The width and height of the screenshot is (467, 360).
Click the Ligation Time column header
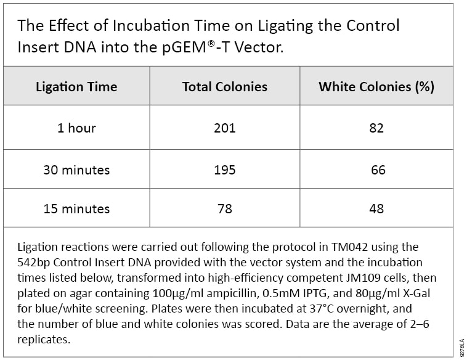(76, 86)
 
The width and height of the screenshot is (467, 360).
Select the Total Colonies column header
(225, 86)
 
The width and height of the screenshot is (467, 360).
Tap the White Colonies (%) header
(376, 86)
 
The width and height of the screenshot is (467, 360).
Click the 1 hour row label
(76, 128)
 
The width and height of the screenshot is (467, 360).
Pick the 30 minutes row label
(76, 170)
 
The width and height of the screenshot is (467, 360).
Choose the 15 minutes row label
(76, 208)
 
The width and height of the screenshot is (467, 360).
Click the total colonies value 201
(225, 128)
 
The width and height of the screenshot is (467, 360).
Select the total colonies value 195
(225, 170)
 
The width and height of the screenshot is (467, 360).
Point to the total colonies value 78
(225, 208)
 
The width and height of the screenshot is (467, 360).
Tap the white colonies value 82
(376, 128)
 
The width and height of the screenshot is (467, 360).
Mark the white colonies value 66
(378, 170)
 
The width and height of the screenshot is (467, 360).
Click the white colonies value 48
(376, 208)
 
